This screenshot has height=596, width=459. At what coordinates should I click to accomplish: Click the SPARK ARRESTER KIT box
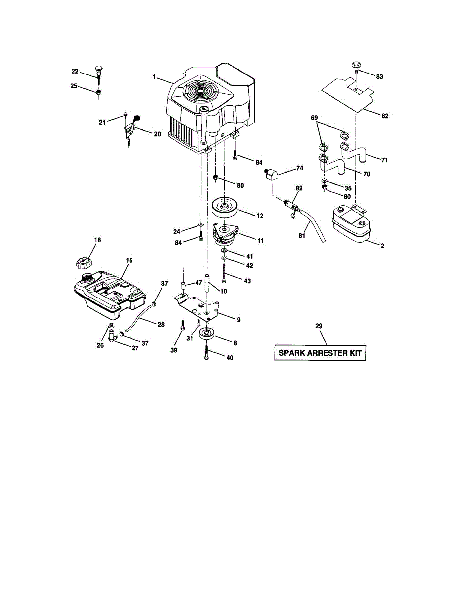pos(321,354)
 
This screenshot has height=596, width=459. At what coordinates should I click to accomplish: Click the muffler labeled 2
pos(350,224)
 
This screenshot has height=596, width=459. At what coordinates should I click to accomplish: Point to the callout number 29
pos(319,326)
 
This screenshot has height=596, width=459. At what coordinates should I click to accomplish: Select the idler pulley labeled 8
pos(207,334)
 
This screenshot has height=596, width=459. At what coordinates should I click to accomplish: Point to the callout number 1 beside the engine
pos(154,77)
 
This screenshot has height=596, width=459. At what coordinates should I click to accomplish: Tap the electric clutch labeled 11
pos(226,233)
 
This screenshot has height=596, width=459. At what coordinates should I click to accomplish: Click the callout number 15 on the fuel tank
pos(129,260)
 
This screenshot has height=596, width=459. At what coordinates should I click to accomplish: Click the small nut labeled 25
pos(99,92)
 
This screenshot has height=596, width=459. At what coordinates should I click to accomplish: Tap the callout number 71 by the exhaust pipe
pos(384,160)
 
